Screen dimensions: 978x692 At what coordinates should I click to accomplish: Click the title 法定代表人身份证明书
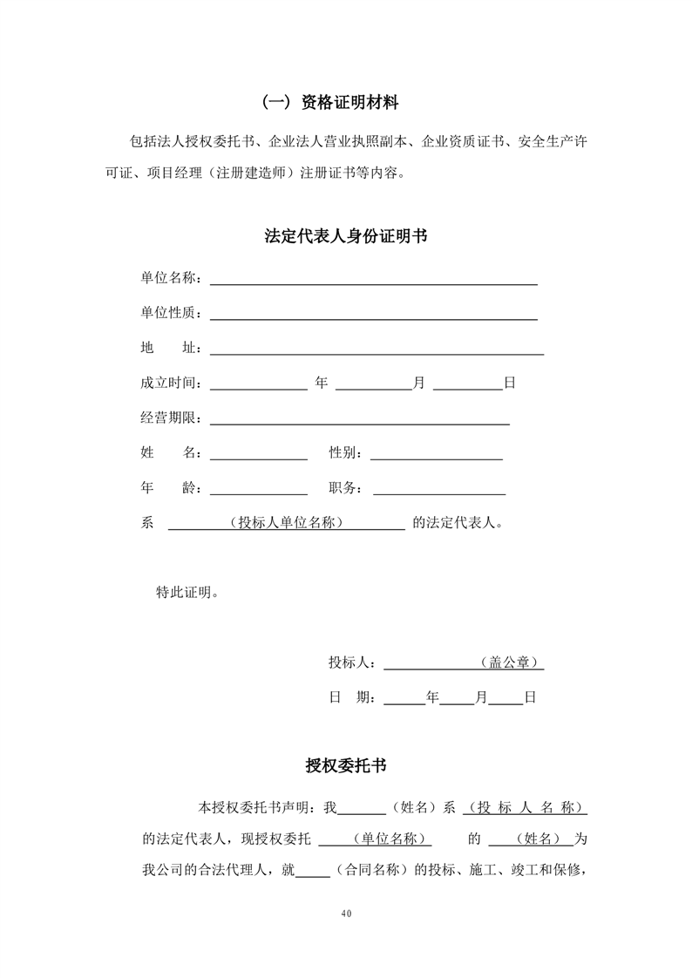pyautogui.click(x=346, y=236)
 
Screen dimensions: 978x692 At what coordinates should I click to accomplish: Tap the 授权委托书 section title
pyautogui.click(x=346, y=766)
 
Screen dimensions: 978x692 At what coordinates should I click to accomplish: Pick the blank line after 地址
pyautogui.click(x=377, y=353)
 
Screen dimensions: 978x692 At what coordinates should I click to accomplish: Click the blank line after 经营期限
pyautogui.click(x=359, y=423)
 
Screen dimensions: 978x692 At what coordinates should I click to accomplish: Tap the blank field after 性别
pyautogui.click(x=437, y=458)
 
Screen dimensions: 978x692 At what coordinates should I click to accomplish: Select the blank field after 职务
pyautogui.click(x=439, y=492)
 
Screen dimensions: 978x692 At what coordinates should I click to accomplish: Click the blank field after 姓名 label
pyautogui.click(x=258, y=458)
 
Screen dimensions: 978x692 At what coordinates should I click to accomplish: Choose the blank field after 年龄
pyautogui.click(x=258, y=492)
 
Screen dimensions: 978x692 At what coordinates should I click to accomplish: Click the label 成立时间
pyautogui.click(x=170, y=384)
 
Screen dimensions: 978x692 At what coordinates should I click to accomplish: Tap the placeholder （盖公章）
pyautogui.click(x=509, y=662)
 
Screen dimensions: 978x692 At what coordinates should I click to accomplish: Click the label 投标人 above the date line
pyautogui.click(x=351, y=662)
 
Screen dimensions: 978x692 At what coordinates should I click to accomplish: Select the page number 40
pyautogui.click(x=346, y=913)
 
